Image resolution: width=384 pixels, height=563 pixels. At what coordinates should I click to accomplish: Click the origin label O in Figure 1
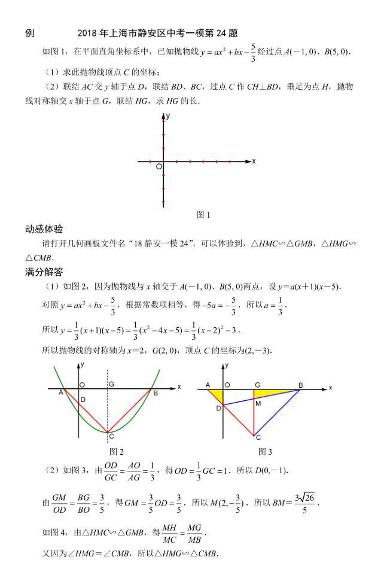[x=159, y=166]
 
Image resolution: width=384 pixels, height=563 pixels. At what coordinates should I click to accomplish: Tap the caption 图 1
[x=203, y=214]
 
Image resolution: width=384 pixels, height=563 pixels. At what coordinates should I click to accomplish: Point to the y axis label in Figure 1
[x=169, y=114]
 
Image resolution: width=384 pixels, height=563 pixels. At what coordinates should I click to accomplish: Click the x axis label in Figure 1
[x=254, y=161]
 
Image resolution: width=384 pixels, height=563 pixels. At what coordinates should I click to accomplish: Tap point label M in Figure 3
[x=258, y=403]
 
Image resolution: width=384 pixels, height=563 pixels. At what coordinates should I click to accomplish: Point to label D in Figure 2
[x=83, y=400]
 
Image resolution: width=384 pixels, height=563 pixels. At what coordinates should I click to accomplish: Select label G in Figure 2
[x=111, y=384]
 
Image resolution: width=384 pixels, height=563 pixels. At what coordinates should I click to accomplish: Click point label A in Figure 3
[x=208, y=385]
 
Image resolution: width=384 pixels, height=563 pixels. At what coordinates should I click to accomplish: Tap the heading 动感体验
[x=44, y=229]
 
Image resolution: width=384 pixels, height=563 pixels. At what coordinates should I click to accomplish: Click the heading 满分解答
[x=44, y=272]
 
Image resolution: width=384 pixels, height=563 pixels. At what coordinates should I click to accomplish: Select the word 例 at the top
[x=30, y=33]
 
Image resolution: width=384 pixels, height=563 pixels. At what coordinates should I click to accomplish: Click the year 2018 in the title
[x=87, y=33]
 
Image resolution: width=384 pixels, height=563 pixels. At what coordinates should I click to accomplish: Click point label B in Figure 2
[x=155, y=392]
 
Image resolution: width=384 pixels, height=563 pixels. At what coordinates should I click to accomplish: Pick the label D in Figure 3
[x=218, y=408]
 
